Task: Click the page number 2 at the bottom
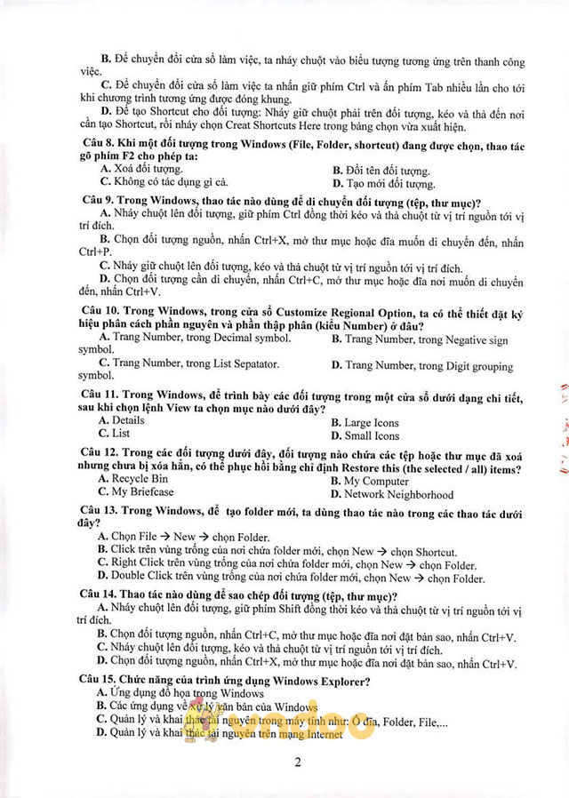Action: [x=298, y=762]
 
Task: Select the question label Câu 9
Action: [x=98, y=201]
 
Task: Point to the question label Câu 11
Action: [x=100, y=394]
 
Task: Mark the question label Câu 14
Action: [x=100, y=595]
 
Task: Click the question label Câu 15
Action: [x=100, y=681]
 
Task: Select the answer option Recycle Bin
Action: [x=140, y=479]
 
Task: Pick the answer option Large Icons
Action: [x=371, y=423]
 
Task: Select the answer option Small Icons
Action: [x=372, y=436]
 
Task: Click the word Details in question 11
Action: [x=128, y=420]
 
